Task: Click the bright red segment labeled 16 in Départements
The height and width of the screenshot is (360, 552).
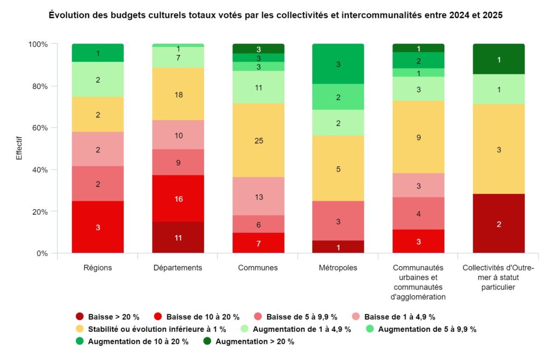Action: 178,198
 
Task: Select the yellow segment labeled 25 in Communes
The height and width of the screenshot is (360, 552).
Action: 258,140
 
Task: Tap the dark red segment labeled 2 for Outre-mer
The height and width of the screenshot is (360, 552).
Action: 499,224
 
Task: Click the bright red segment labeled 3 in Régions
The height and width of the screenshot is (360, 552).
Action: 98,227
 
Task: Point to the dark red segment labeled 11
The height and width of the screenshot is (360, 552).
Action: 178,237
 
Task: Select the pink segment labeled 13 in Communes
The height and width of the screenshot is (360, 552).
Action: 258,196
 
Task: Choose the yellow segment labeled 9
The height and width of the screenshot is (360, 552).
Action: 418,137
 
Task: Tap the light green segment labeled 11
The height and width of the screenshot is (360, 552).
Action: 258,87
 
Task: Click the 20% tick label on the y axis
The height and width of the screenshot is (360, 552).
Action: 40,211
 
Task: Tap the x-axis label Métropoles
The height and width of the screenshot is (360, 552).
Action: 338,267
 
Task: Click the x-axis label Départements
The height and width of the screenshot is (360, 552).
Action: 178,267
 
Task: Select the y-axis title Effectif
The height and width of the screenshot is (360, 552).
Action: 19,148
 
